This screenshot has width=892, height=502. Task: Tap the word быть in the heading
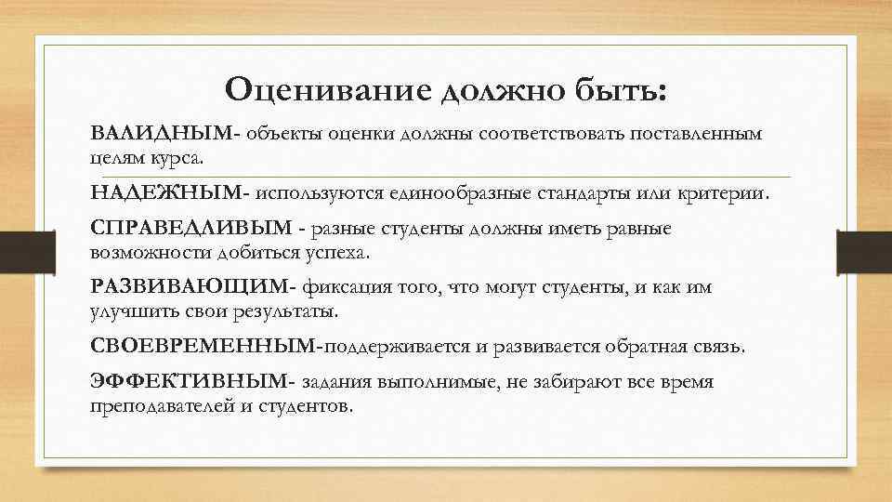622,90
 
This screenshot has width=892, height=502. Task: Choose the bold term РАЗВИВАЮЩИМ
191,288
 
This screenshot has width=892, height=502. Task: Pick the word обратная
650,347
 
